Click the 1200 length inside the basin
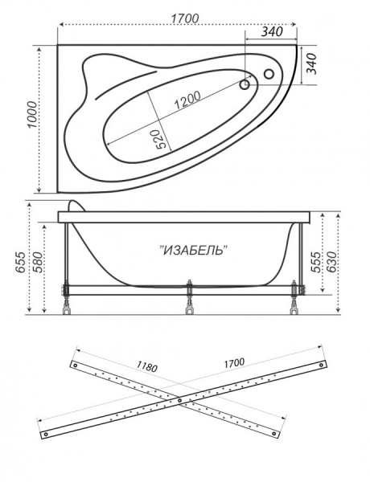click(x=186, y=100)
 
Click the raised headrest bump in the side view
click(x=75, y=206)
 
